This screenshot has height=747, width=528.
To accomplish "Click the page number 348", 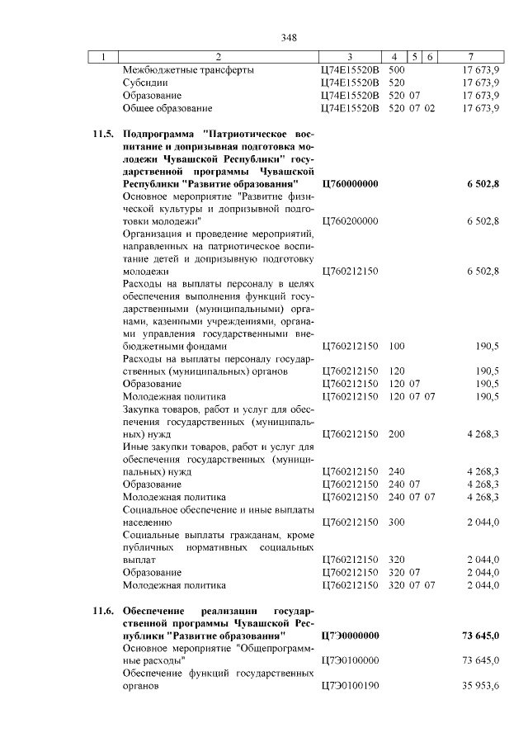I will point(288,37).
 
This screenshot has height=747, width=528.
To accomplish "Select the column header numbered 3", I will point(350,57).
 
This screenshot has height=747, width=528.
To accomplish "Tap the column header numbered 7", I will point(469,57).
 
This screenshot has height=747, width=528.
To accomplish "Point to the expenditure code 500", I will point(396,70).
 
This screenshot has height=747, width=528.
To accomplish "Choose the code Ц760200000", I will point(349,221).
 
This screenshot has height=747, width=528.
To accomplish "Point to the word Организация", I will point(155,234).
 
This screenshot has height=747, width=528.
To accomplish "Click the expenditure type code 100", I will point(396,347).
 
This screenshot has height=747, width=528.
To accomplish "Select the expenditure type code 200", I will point(396,433).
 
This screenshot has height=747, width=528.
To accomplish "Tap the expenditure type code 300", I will point(396,522).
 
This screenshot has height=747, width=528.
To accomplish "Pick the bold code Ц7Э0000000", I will point(349,636).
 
